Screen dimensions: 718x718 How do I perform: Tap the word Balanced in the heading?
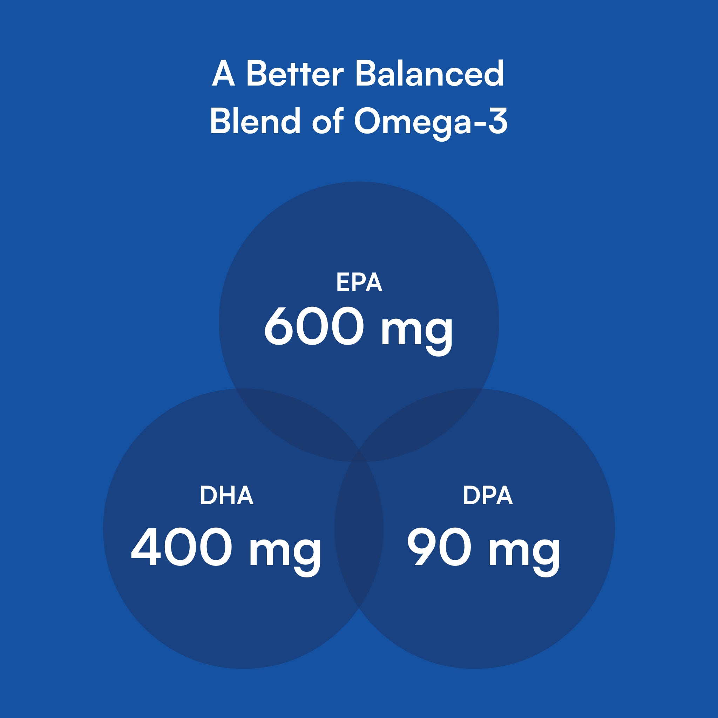(429, 73)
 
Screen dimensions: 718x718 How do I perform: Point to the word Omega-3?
(431, 122)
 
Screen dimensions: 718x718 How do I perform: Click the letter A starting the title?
(223, 73)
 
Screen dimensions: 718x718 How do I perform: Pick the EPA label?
(359, 282)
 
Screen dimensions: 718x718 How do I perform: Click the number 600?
(314, 326)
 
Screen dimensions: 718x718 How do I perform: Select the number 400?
(182, 547)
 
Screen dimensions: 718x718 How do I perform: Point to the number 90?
(439, 547)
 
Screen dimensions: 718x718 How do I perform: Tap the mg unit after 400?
(285, 551)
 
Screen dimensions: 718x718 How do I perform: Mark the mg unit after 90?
(524, 551)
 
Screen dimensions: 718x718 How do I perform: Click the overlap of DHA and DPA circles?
(359, 528)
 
